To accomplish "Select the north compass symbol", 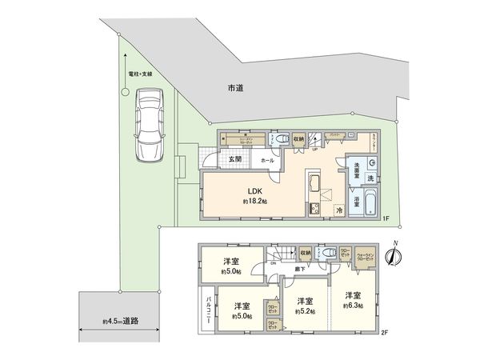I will (x=392, y=255).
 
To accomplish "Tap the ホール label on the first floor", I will (x=267, y=160).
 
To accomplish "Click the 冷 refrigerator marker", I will (x=340, y=210).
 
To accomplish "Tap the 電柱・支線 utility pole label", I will (x=141, y=74).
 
